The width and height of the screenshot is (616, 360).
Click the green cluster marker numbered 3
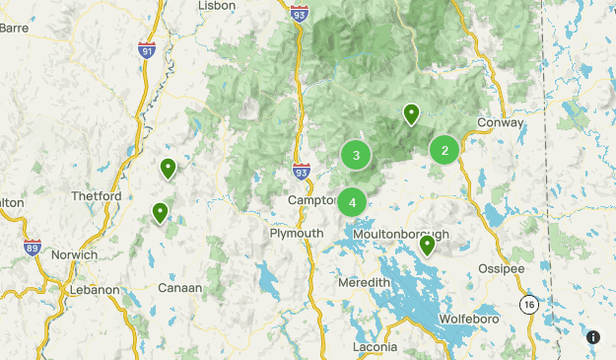coord(356,155)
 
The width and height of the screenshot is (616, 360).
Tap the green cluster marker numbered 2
coord(445,150)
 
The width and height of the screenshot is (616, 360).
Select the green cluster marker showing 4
coord(352,202)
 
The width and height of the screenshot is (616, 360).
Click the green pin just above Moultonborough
coord(427,244)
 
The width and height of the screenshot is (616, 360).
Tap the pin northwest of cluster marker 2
coord(411,114)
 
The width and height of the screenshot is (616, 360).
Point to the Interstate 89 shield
coord(32,247)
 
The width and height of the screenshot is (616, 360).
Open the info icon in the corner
coord(593,337)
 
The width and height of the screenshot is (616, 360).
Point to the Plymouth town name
coord(297,233)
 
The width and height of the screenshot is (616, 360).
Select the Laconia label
coord(375,348)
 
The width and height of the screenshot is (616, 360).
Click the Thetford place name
coord(96,196)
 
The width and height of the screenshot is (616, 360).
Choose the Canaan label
coord(180,289)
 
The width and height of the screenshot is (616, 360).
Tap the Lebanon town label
coord(93,291)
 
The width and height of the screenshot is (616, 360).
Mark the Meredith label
coord(365,283)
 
